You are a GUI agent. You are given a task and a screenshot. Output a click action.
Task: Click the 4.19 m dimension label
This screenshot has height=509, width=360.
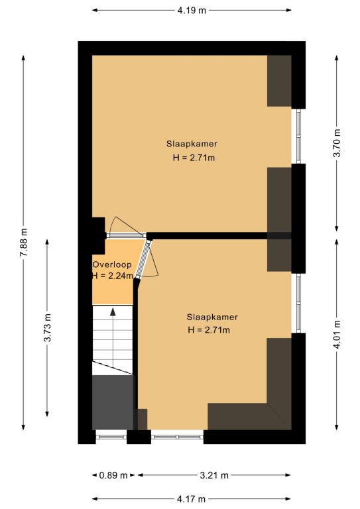(x=192, y=11)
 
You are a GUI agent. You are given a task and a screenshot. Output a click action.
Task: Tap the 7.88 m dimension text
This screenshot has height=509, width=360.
(x=24, y=243)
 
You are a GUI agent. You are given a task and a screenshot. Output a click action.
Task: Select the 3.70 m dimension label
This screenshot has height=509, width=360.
(x=337, y=143)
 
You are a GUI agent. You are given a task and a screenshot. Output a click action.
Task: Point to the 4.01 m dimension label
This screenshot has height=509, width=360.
(x=337, y=334)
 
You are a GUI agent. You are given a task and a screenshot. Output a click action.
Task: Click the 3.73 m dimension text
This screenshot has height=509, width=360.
(x=47, y=327)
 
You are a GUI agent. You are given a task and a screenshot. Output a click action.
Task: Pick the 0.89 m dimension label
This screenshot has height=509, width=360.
(x=113, y=476)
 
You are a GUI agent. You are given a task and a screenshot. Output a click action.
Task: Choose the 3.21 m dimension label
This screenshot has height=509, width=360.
(x=214, y=476)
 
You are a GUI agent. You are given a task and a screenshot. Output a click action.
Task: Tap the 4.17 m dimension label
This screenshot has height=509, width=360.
(x=191, y=498)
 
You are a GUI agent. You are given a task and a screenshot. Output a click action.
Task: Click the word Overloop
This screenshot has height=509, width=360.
(x=112, y=264)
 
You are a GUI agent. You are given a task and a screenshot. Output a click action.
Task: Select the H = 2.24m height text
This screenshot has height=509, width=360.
(x=112, y=276)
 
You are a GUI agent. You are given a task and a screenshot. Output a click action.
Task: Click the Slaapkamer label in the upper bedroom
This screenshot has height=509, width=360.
(x=192, y=144)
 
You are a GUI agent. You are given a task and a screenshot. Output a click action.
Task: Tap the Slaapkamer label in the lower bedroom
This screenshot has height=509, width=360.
(x=212, y=317)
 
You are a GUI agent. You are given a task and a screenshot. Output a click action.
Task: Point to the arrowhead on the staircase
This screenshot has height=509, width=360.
(x=113, y=311)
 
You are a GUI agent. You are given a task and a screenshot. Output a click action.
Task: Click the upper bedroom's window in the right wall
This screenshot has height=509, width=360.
(x=298, y=136)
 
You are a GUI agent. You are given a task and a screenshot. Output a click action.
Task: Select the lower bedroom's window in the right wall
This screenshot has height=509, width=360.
(x=298, y=303)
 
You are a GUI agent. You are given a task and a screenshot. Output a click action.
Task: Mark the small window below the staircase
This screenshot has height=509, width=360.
(x=111, y=437)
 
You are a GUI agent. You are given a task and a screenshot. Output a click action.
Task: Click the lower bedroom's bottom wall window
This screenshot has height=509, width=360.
(x=177, y=437)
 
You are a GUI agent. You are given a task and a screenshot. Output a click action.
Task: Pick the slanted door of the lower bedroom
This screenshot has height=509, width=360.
(x=143, y=258)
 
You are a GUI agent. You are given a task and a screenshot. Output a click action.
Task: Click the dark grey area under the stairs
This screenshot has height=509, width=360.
(x=113, y=402)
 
